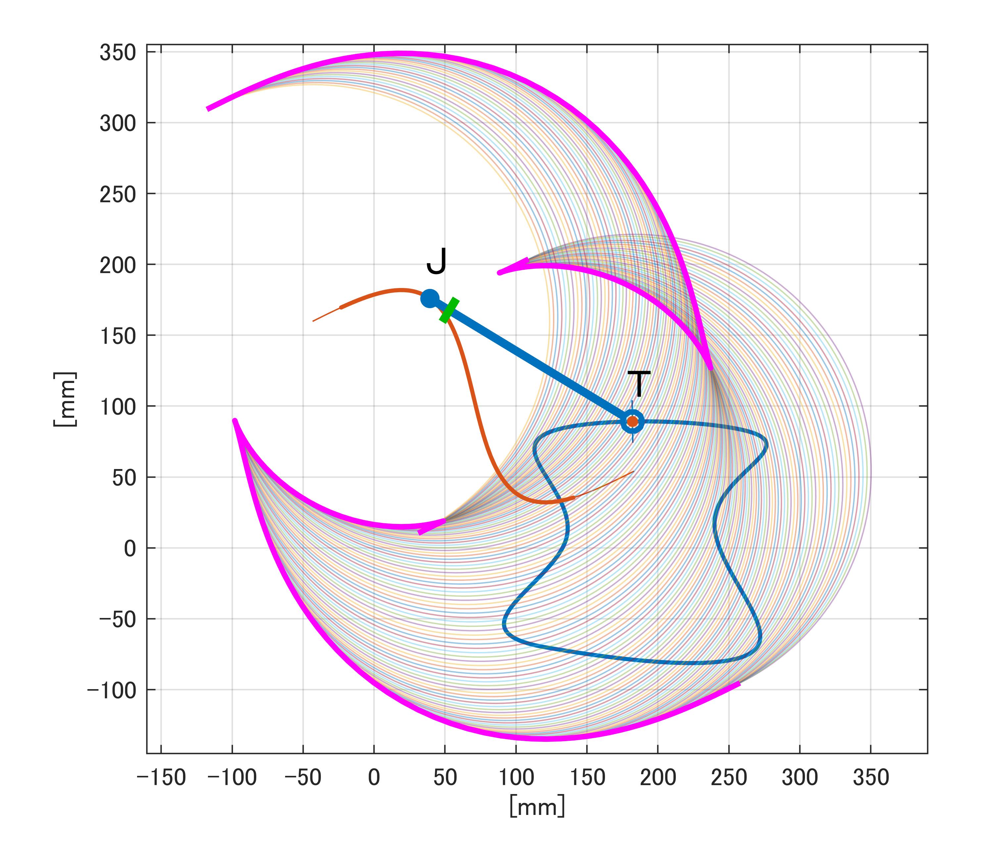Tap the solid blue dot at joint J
coord(429,299)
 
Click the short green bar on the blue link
coord(449,310)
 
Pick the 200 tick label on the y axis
coord(118,265)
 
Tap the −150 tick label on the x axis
coord(161,778)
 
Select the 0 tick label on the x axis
coord(374,778)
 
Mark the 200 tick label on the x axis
coord(658,778)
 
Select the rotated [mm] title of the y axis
coord(65,400)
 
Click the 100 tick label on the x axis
coord(516,778)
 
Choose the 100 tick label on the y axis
coord(118,407)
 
